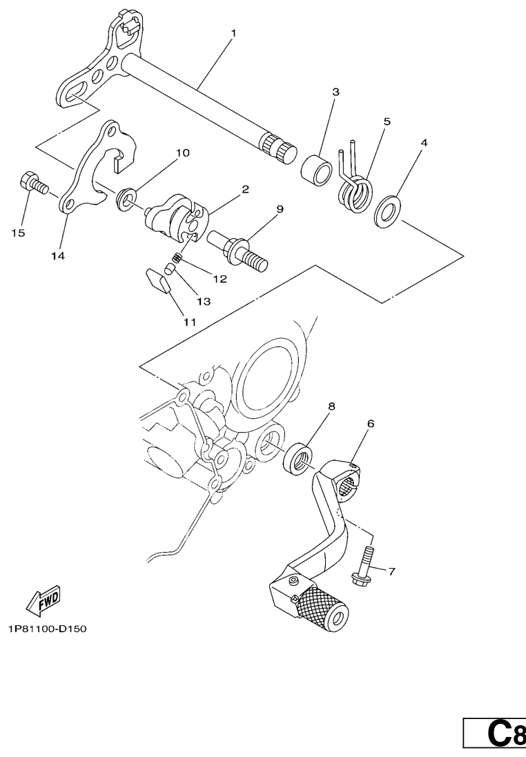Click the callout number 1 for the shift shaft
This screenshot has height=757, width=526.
point(233,33)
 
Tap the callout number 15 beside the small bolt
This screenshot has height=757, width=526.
point(19,233)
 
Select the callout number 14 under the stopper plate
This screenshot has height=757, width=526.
point(58,256)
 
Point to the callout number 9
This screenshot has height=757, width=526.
point(280,209)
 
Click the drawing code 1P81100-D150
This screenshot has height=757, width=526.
point(48,629)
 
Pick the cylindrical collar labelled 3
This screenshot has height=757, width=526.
point(316,168)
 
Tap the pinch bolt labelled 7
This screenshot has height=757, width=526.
point(362,565)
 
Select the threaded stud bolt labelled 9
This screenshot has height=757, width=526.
point(238,250)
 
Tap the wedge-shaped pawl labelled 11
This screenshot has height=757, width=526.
point(157,280)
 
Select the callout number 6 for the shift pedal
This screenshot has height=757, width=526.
point(371,424)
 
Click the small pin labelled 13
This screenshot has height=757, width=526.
point(168,268)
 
